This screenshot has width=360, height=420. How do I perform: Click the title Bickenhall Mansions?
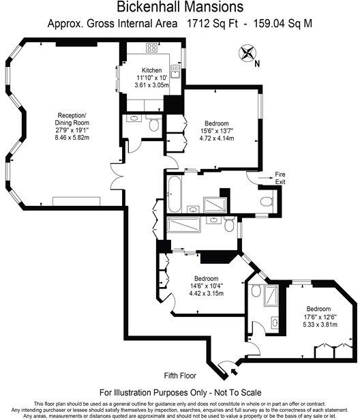coord(180,8)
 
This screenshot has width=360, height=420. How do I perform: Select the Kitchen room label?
coord(151,71)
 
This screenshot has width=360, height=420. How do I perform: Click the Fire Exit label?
coord(280,179)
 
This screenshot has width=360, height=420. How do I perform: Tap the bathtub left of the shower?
coord(173,194)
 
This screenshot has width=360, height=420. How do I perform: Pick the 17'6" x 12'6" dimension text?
coord(319,316)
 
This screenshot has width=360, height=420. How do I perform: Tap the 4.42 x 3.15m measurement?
coord(207,293)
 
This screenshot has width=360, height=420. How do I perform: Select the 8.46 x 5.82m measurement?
coord(72,136)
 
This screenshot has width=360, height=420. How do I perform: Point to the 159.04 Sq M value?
coord(288,23)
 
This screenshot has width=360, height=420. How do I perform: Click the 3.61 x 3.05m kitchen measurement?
coord(151,86)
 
